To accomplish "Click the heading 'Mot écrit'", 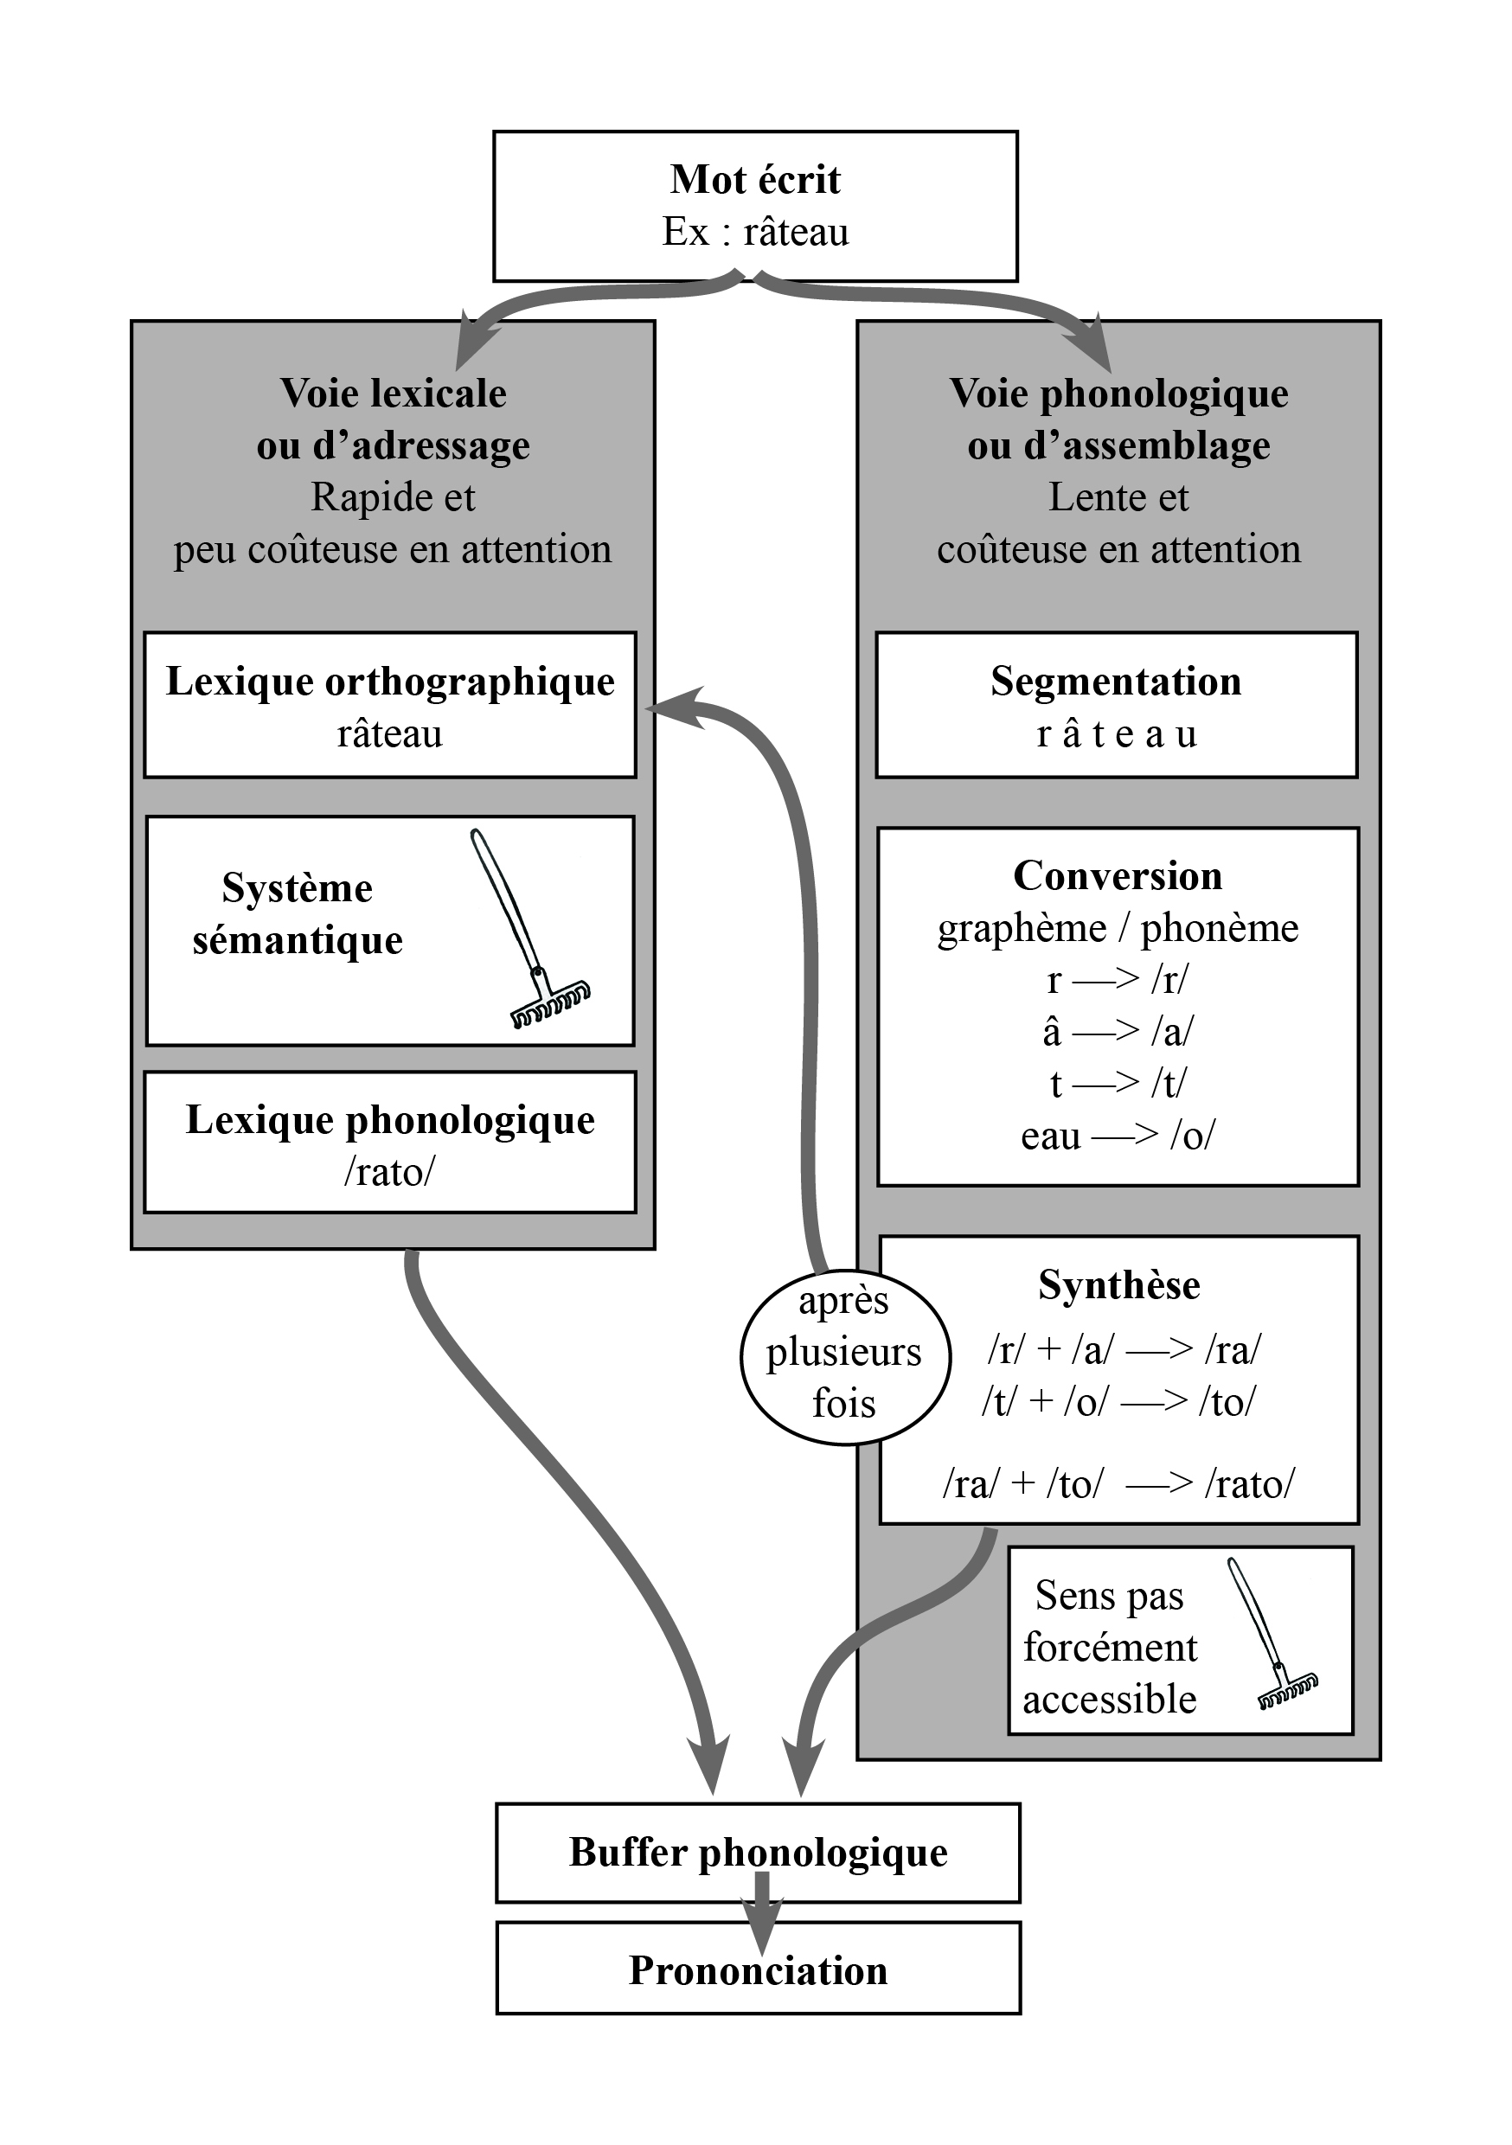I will point(755,179).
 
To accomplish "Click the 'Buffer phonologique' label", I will point(758,1853).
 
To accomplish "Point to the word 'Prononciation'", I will point(758,1970).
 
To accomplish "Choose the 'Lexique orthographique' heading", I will point(390,681).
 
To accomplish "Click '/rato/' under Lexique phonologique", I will point(390,1171).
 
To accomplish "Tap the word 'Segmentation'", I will point(1116,681).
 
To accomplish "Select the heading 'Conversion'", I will point(1118,875).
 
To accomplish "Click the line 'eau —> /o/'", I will point(1118,1136).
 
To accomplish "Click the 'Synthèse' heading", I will point(1118,1284).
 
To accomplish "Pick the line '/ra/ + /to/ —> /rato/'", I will point(1118,1483).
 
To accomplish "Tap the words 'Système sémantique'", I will point(298,913).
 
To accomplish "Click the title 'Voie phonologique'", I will point(1118,394).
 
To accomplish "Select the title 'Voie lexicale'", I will point(393,394).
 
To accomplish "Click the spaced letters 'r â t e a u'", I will point(1116,734).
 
